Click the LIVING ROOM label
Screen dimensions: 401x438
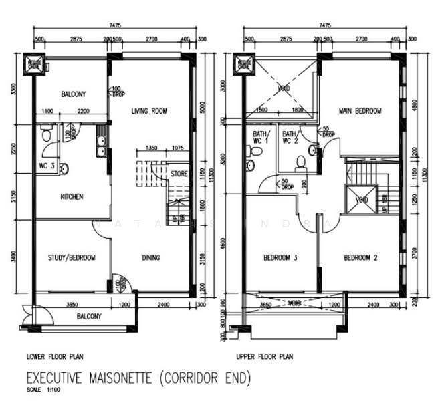pos(148,111)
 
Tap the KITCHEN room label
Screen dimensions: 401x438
pos(72,197)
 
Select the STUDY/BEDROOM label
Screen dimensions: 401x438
pos(71,258)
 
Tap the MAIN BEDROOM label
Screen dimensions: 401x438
pos(360,111)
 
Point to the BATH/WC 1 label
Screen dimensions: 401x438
pos(260,137)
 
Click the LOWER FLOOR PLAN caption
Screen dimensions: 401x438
pos(54,357)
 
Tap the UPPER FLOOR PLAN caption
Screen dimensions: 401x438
pos(265,357)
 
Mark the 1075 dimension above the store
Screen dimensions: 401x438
pos(177,148)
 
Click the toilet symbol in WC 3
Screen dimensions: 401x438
pos(44,134)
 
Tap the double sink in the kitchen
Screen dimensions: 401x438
pos(102,145)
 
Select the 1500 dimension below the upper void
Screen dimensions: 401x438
pos(262,110)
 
